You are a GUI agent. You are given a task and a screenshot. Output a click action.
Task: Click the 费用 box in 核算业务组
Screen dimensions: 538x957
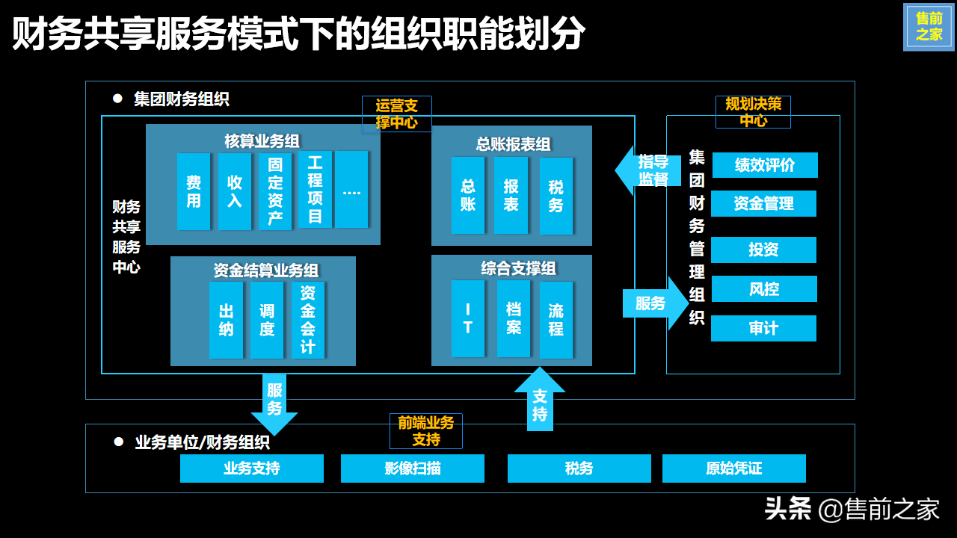(x=194, y=191)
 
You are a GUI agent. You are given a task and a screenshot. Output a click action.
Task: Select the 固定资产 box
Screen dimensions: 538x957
(x=274, y=191)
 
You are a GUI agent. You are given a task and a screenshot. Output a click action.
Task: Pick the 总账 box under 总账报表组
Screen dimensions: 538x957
(x=468, y=195)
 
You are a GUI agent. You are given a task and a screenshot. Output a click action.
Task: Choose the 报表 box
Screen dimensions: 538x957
(x=511, y=195)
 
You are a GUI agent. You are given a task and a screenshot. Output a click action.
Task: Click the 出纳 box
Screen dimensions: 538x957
(x=226, y=320)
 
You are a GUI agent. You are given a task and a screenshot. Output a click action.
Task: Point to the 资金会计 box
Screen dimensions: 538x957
(x=308, y=320)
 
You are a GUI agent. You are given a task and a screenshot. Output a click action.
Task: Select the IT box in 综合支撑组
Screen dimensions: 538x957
(x=468, y=319)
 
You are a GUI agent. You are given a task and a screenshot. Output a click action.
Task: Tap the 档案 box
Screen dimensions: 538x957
(x=514, y=319)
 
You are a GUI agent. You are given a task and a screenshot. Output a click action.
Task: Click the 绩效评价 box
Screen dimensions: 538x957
(x=765, y=165)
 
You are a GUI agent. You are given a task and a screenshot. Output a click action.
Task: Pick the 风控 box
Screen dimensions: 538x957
(x=763, y=289)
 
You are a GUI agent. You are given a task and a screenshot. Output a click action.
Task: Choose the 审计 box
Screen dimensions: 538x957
(x=763, y=329)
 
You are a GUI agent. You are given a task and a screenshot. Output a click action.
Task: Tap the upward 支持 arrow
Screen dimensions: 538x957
(x=540, y=400)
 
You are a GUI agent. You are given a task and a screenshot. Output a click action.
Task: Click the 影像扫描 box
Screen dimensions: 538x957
(x=413, y=469)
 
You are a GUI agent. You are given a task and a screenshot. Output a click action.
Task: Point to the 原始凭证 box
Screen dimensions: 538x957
(x=733, y=469)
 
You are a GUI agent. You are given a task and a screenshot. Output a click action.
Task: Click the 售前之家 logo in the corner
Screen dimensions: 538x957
(x=929, y=27)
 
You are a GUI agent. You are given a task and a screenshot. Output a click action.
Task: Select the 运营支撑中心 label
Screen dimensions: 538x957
(x=397, y=114)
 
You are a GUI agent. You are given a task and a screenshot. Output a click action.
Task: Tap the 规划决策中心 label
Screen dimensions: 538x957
(x=753, y=112)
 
